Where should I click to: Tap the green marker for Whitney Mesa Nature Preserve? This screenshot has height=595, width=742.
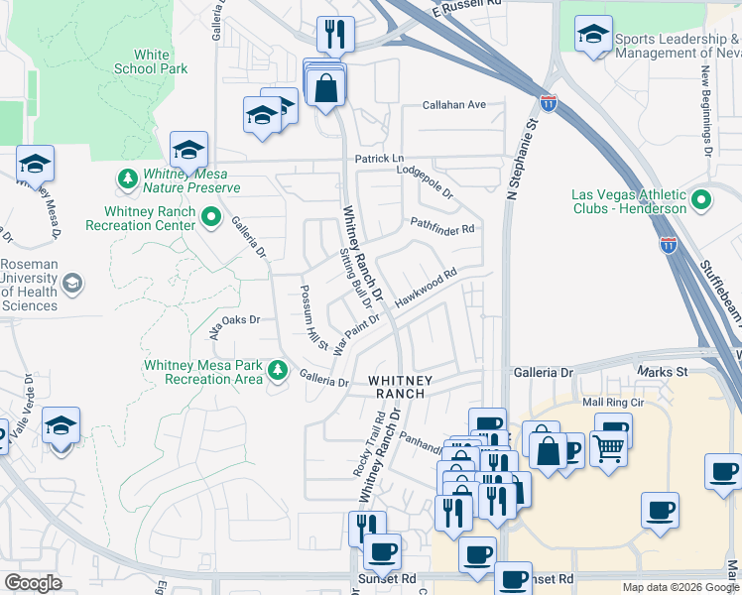(127, 179)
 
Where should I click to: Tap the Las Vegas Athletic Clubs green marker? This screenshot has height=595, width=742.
(702, 201)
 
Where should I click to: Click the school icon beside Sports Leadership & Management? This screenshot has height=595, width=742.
(593, 37)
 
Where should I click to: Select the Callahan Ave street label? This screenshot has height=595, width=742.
(454, 104)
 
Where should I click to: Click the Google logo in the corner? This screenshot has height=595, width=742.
(33, 583)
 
